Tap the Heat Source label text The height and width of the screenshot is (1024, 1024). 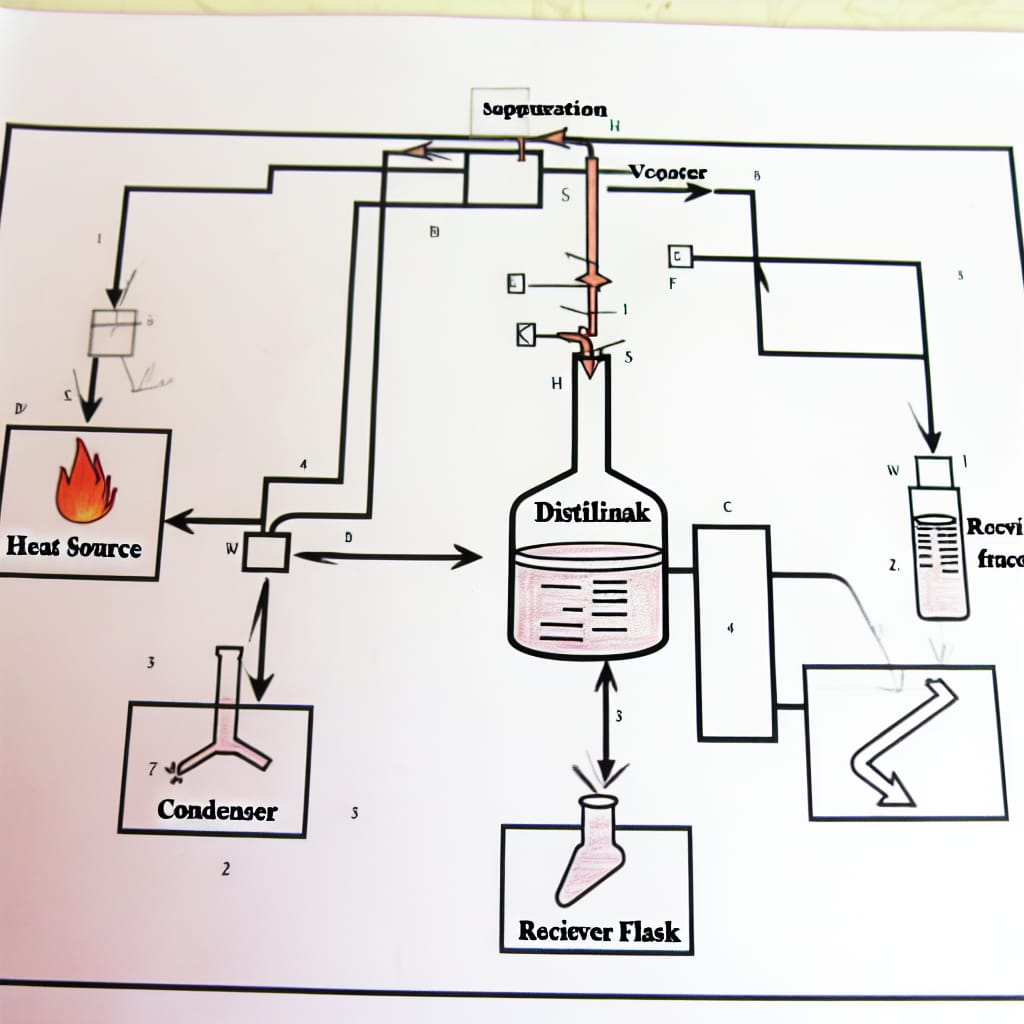pos(74,547)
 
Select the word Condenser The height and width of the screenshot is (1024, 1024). pos(217,809)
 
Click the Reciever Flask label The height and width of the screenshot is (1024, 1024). pos(599,932)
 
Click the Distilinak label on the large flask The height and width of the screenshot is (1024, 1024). pos(591,512)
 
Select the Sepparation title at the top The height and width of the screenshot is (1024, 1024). pos(543,109)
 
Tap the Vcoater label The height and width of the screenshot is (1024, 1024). pos(668,172)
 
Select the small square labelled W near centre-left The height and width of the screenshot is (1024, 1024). pos(266,551)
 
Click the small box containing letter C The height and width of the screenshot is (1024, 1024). pos(679,257)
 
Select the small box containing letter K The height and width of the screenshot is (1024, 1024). pos(525,335)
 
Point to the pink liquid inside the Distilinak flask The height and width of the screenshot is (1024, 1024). pos(590,600)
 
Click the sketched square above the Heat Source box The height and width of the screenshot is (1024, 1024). pos(112,332)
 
